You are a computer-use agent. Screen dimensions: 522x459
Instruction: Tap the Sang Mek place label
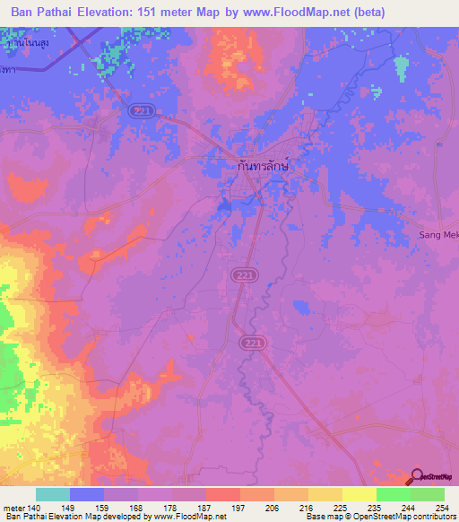tap(439, 235)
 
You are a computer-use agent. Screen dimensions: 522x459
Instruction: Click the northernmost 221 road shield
tap(139, 109)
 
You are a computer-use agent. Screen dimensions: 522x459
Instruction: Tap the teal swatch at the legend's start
tap(52, 495)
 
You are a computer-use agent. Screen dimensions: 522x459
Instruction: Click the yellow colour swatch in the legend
tap(359, 495)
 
